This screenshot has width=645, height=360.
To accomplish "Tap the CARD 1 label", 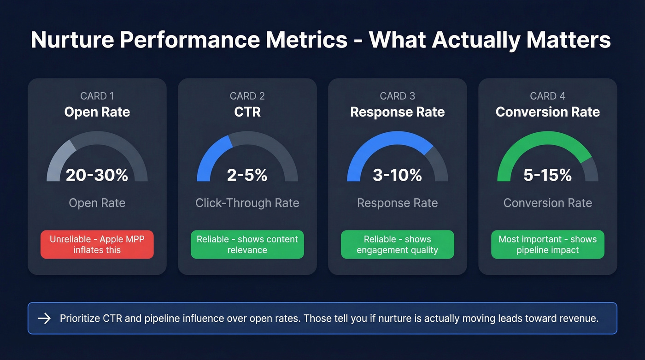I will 97,96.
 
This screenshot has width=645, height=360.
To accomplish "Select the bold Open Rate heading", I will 97,112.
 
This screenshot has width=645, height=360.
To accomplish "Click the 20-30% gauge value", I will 97,175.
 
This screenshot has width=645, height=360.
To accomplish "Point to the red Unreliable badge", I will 97,244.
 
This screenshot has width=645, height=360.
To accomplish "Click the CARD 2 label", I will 247,96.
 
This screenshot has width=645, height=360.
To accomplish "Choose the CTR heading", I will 247,112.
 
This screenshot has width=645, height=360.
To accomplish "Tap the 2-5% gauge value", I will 247,175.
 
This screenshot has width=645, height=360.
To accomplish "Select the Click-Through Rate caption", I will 247,203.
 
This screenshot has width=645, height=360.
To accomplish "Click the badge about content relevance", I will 247,244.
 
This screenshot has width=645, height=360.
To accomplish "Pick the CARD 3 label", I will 398,96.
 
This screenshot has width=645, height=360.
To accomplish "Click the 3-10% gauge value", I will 398,175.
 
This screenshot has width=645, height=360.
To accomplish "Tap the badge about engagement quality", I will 398,244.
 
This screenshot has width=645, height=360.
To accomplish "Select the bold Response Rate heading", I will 398,112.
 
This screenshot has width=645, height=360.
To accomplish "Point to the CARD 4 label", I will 548,96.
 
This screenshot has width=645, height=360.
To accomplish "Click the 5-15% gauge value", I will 548,175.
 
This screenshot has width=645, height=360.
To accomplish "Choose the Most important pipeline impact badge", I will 548,244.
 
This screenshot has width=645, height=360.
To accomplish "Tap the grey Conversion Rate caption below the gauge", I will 548,203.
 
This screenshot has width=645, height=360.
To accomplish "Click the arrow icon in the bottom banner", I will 44,319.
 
